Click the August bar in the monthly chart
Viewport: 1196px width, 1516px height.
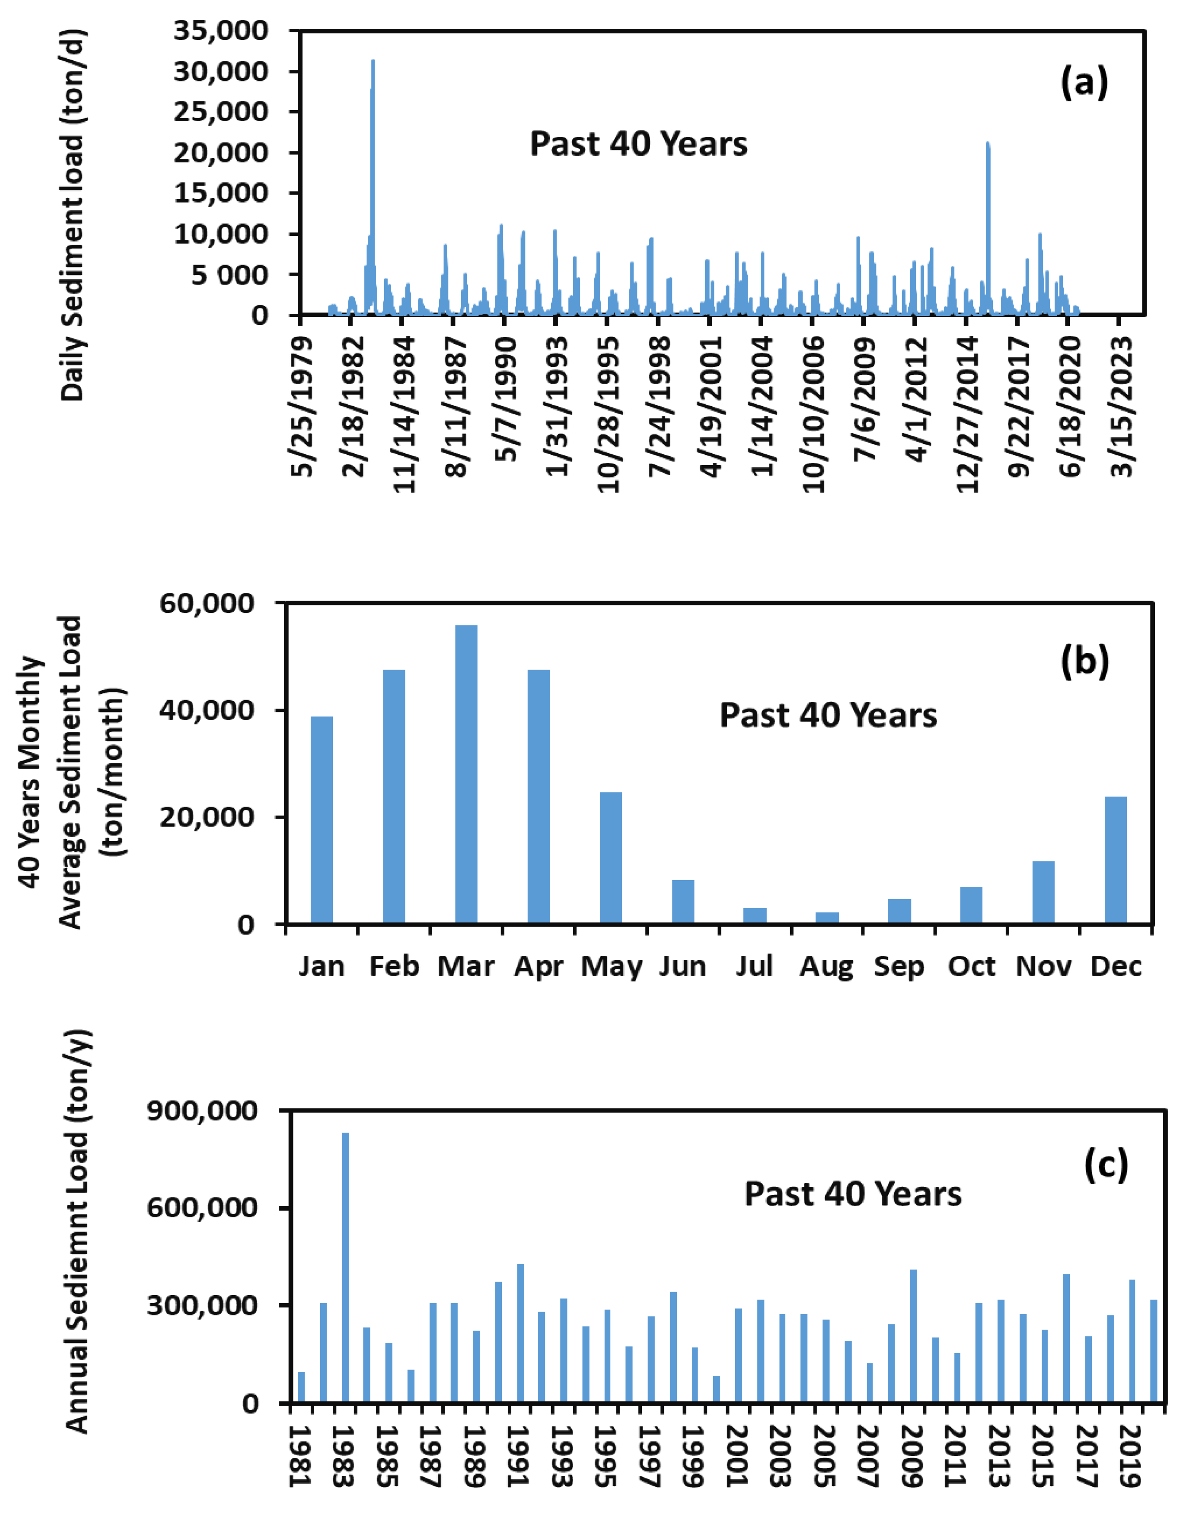[827, 918]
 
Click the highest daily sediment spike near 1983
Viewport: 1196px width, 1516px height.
[373, 182]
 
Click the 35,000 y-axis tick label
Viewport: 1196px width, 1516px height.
[220, 31]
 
